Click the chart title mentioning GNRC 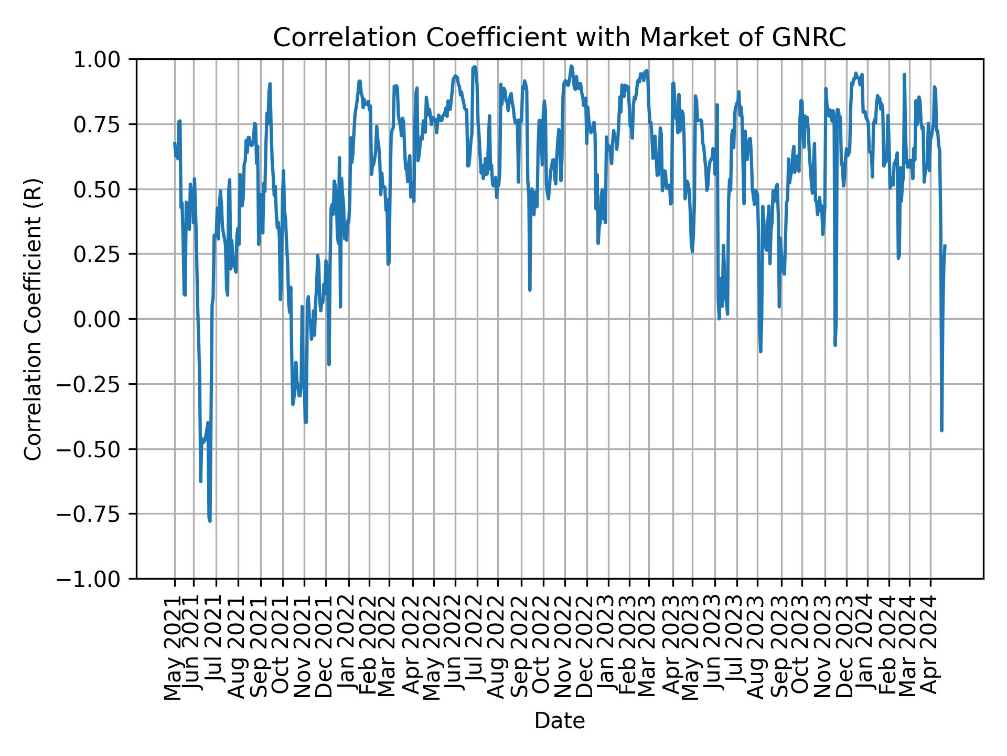(559, 38)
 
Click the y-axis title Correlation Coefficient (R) (33, 319)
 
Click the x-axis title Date (559, 721)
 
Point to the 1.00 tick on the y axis (104, 59)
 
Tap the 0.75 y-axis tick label (104, 124)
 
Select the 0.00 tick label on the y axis (104, 319)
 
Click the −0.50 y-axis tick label (98, 449)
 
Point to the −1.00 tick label (98, 579)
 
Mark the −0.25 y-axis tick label (98, 384)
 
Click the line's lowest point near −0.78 (210, 521)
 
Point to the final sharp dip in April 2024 (942, 430)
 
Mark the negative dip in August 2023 (760, 351)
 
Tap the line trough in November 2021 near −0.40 (305, 422)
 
